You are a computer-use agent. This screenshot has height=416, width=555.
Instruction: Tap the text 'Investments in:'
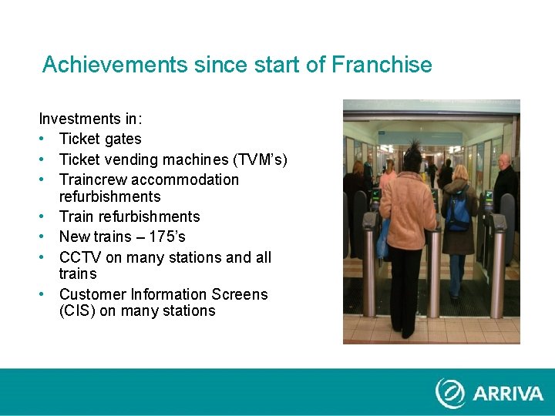click(90, 119)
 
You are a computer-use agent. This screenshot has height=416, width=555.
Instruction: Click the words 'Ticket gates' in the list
click(100, 139)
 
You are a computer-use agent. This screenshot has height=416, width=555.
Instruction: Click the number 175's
click(166, 237)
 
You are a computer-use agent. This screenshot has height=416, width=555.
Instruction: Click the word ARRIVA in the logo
click(508, 394)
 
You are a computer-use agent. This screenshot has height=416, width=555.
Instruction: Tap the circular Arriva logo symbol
click(450, 393)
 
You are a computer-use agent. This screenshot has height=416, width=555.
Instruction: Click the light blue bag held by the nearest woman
click(382, 239)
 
